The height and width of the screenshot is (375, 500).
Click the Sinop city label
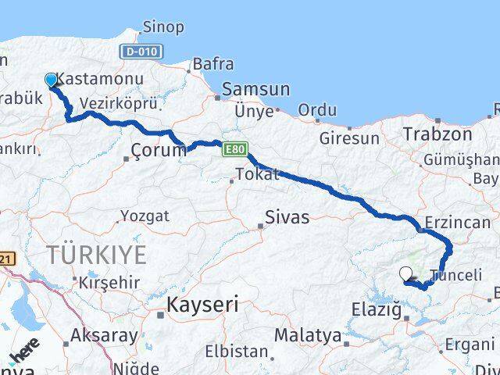click(x=164, y=27)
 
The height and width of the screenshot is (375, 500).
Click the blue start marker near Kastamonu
click(x=51, y=80)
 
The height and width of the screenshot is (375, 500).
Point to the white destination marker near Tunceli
click(x=405, y=273)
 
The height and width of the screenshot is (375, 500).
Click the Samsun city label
click(x=255, y=90)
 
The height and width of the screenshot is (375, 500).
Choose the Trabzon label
click(x=437, y=134)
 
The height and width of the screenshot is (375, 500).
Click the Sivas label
click(x=287, y=216)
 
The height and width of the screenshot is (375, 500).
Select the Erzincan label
click(x=458, y=223)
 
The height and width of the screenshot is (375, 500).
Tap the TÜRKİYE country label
click(x=96, y=254)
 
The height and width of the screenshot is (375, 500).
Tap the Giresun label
click(x=349, y=138)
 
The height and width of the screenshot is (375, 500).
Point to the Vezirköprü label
click(x=119, y=105)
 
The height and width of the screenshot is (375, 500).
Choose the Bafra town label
click(x=212, y=64)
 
